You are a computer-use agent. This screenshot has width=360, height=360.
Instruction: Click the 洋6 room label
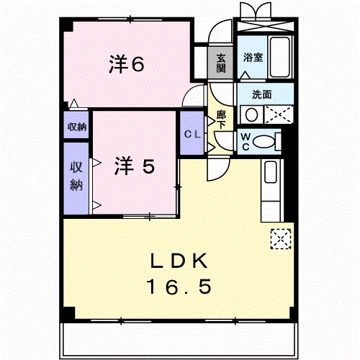click(x=127, y=64)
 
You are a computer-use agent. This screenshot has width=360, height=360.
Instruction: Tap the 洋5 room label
click(x=135, y=166)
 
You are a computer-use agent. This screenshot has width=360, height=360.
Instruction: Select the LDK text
click(x=179, y=261)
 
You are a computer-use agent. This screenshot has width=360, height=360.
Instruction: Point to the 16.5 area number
click(x=179, y=287)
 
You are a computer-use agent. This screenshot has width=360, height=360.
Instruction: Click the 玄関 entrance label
click(x=221, y=63)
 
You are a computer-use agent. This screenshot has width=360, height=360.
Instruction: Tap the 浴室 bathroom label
click(x=253, y=58)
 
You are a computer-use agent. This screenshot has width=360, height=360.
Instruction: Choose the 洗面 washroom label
click(x=261, y=94)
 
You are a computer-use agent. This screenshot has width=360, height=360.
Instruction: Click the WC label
click(x=246, y=142)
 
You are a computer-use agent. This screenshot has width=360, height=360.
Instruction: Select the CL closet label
click(x=192, y=134)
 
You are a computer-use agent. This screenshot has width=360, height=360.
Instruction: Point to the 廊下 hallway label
click(x=221, y=120)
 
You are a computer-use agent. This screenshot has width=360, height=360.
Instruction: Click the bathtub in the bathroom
click(x=280, y=57)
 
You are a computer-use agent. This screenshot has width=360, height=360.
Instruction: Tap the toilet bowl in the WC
click(x=264, y=142)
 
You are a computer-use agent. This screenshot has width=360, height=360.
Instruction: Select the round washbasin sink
click(x=251, y=114)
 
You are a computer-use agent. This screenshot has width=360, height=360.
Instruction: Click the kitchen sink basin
click(x=271, y=172)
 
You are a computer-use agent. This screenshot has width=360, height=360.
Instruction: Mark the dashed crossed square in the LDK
click(x=281, y=239)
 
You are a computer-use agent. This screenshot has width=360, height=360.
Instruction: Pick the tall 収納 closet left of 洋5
click(x=76, y=179)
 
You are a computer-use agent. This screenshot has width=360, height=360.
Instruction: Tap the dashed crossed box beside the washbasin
click(x=279, y=114)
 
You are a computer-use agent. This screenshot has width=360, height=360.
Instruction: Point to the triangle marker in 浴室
click(x=246, y=75)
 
